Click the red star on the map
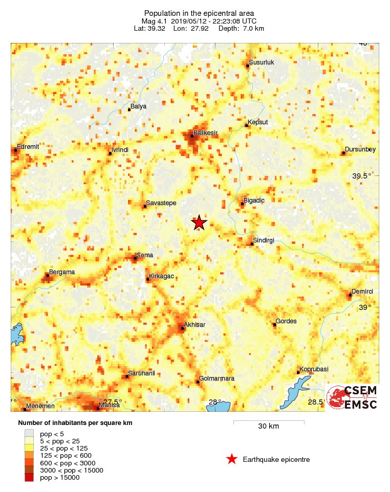[199, 223]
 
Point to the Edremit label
[28, 146]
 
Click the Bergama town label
[61, 272]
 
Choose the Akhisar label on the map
[194, 324]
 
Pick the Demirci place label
[362, 291]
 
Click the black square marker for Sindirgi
[252, 244]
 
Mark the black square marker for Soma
[135, 258]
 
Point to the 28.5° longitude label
[316, 402]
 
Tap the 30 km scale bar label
[268, 426]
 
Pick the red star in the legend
[232, 459]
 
